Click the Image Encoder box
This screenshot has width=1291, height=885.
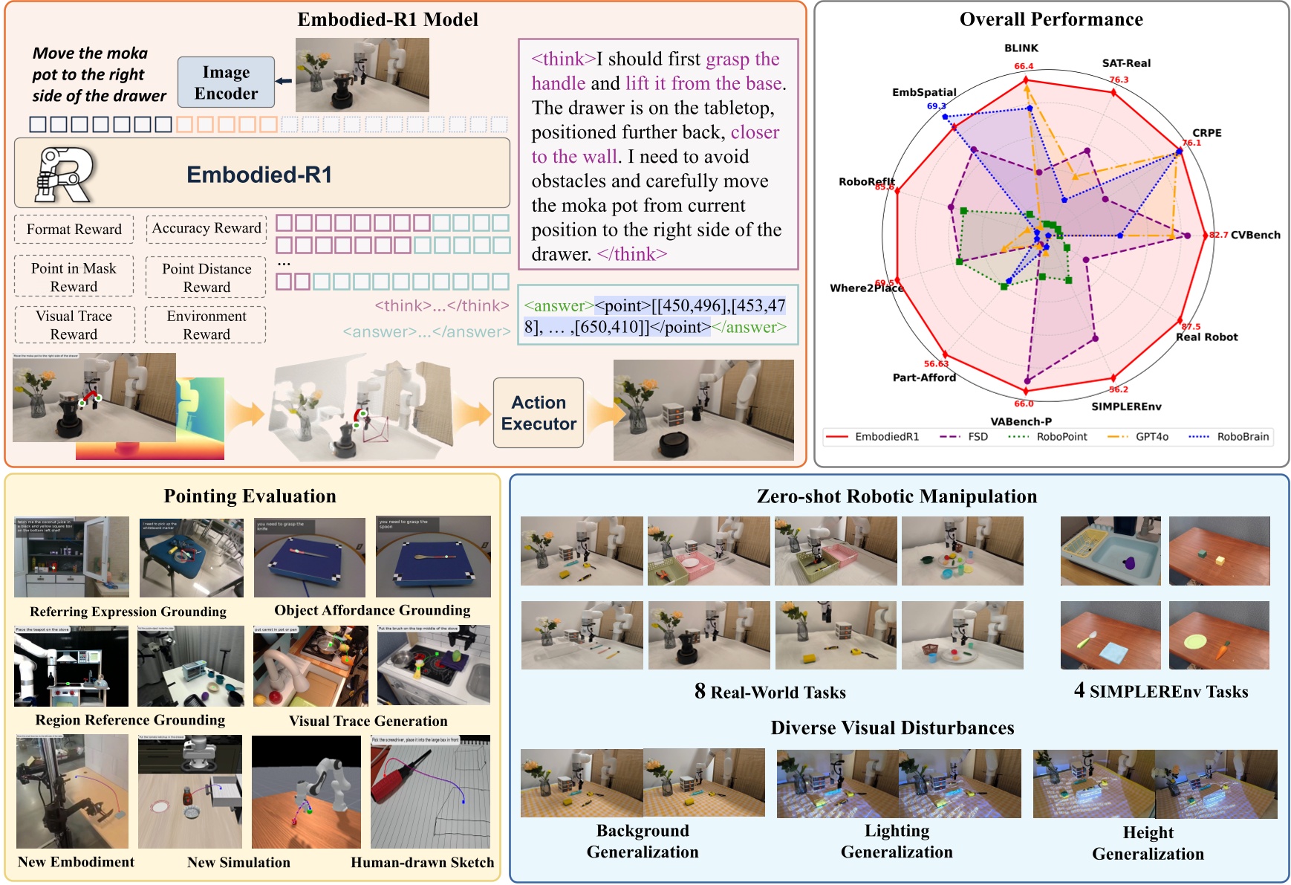[x=226, y=82]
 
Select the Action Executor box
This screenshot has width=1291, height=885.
[x=539, y=413]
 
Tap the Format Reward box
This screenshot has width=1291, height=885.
[x=74, y=229]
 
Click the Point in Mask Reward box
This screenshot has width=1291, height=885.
[x=74, y=277]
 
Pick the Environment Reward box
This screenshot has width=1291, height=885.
[x=206, y=325]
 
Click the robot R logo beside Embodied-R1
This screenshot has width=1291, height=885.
[x=65, y=175]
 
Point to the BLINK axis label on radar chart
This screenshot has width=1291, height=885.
[x=1021, y=48]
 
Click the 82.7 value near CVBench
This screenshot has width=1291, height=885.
[x=1218, y=235]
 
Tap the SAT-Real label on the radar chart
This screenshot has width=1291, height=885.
[x=1125, y=63]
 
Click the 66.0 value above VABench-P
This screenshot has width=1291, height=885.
[x=1024, y=403]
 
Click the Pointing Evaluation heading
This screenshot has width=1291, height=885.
[x=250, y=496]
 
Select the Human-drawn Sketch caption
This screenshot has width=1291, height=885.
[x=422, y=862]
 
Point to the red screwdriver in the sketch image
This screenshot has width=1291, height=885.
[x=394, y=780]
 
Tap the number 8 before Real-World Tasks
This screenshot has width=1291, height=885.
[x=700, y=691]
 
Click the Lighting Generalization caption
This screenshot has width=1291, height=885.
[x=897, y=841]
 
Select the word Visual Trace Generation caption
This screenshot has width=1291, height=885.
[x=368, y=721]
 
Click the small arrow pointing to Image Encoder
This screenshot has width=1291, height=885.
[x=284, y=81]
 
